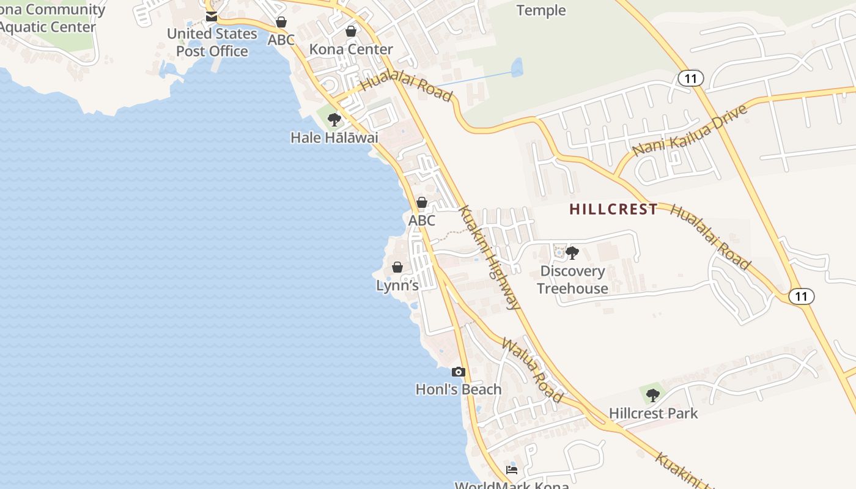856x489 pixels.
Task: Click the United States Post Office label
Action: [x=212, y=42]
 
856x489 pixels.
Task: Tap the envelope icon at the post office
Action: [x=212, y=17]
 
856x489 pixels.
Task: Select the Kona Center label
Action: [x=351, y=49]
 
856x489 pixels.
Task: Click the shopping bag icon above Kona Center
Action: [x=351, y=31]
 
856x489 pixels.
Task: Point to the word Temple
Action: [x=541, y=10]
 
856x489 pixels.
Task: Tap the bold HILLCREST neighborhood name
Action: [x=613, y=209]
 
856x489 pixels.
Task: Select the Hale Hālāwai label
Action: [x=334, y=138]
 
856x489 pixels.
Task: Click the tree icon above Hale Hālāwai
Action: [x=334, y=119]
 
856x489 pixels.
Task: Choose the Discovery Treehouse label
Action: [x=572, y=279]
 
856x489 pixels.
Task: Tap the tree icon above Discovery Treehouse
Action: [x=572, y=252]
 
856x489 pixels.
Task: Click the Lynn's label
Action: [x=397, y=285]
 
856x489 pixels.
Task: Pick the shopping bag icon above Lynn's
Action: [x=397, y=267]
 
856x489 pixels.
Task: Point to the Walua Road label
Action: [x=532, y=370]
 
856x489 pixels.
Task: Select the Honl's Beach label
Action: [x=459, y=389]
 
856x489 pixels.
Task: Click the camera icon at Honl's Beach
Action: [x=458, y=372]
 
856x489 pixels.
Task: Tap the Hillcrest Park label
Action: [x=653, y=413]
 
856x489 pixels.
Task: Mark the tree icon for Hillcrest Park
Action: [x=653, y=395]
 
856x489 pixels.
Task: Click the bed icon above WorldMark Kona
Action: [x=512, y=469]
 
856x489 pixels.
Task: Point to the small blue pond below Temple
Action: [x=517, y=67]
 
